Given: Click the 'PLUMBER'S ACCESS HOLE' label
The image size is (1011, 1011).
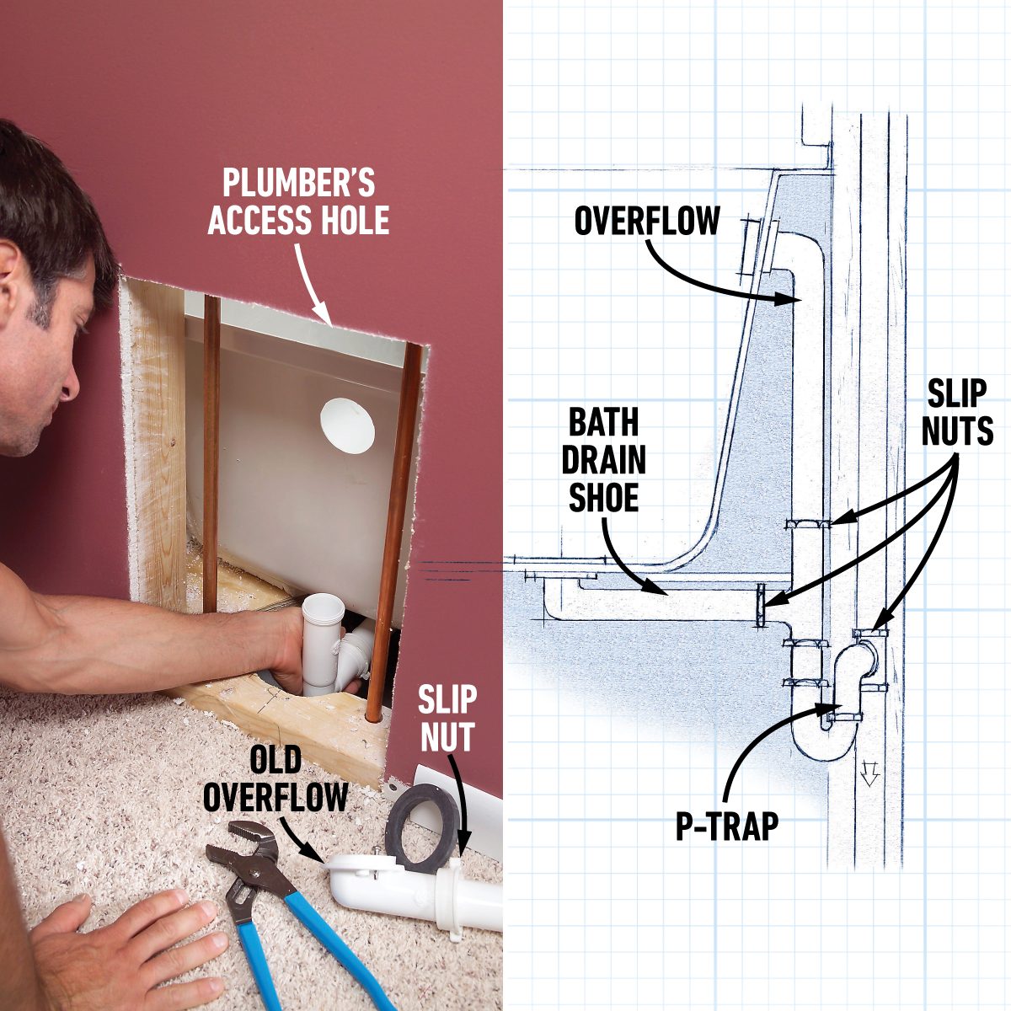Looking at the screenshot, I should point(298,203).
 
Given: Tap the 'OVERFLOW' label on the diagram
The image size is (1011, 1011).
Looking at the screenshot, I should point(647,222).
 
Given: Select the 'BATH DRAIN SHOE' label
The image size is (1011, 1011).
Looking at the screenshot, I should point(604,460).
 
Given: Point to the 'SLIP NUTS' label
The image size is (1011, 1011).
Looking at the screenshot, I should point(957,413).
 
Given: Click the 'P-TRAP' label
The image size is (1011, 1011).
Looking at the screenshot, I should point(727,827).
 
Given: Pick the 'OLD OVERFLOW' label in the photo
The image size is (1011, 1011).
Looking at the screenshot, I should point(275,778).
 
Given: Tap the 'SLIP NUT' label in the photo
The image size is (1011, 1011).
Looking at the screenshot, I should point(447,718).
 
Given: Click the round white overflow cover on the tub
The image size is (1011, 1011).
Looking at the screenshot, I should point(347,425).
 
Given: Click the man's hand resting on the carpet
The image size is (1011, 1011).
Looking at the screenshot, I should point(126,944).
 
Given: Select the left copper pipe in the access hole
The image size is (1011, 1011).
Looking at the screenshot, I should point(211,455).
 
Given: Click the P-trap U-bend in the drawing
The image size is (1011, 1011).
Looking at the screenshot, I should point(821,741).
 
